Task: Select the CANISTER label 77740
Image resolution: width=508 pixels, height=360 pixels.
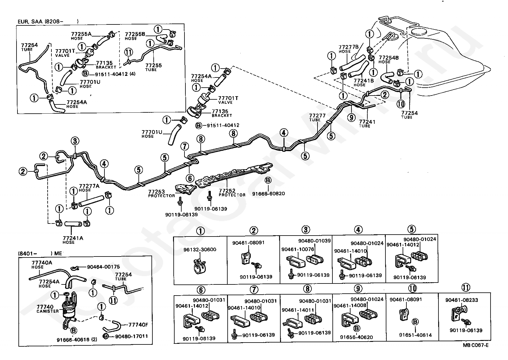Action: [48, 309]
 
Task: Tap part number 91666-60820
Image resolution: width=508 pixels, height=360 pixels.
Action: [268, 193]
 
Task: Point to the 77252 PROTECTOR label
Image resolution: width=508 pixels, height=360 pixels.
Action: [232, 192]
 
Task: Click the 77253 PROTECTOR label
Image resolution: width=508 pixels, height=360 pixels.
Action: [161, 194]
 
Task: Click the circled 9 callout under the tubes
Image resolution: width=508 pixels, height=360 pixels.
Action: [351, 117]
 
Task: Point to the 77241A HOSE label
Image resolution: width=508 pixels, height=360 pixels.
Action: [73, 240]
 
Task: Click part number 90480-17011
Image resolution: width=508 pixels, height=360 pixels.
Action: [131, 336]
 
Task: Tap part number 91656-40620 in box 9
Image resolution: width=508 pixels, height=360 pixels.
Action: [356, 337]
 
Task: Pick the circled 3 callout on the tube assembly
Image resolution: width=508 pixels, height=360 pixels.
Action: [75, 141]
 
